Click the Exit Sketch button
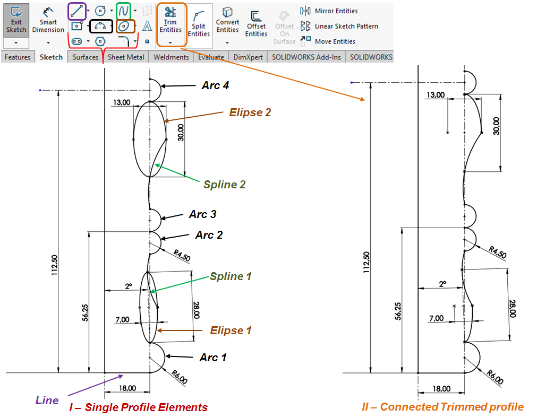pos(16,20)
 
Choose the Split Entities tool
pos(199,24)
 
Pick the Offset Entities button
pos(256,24)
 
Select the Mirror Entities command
pos(329,11)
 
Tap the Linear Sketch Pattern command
pos(339,26)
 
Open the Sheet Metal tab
pos(126,57)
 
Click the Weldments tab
pos(171,57)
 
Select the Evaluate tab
pos(211,57)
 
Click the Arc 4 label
pos(215,85)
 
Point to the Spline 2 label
pos(224,185)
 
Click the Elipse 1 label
pos(231,330)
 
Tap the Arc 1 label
pos(213,358)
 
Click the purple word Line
pos(47,400)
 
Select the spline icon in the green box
pos(124,10)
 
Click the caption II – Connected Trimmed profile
pos(442,407)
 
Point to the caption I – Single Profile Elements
pos(139,407)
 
